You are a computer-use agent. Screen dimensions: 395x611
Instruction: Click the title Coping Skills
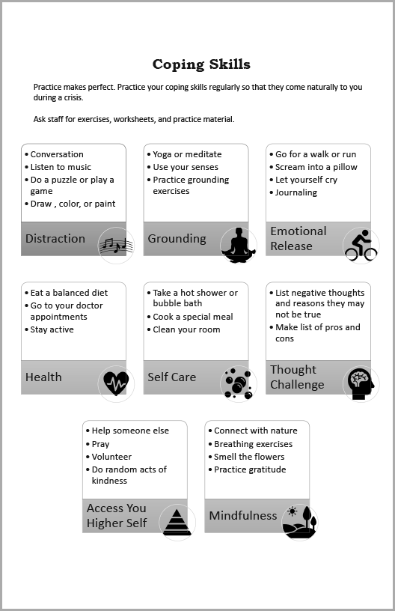(201, 64)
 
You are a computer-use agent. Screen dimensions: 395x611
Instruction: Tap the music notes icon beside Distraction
(116, 246)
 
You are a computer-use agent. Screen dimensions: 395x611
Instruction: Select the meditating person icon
(239, 246)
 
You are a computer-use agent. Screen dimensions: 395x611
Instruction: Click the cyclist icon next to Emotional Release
(361, 245)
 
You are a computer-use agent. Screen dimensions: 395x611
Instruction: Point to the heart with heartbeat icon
(116, 383)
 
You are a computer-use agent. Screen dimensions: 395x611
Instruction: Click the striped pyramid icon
(177, 522)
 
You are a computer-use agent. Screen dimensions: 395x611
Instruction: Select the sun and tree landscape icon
(299, 522)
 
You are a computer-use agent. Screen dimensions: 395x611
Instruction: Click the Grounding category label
(177, 238)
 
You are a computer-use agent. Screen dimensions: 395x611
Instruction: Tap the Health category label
(43, 377)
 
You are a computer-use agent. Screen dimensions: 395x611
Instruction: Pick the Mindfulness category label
(243, 515)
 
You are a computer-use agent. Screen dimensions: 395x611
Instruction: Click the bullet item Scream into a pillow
(316, 167)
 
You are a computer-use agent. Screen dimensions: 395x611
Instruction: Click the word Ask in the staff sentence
(40, 119)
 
